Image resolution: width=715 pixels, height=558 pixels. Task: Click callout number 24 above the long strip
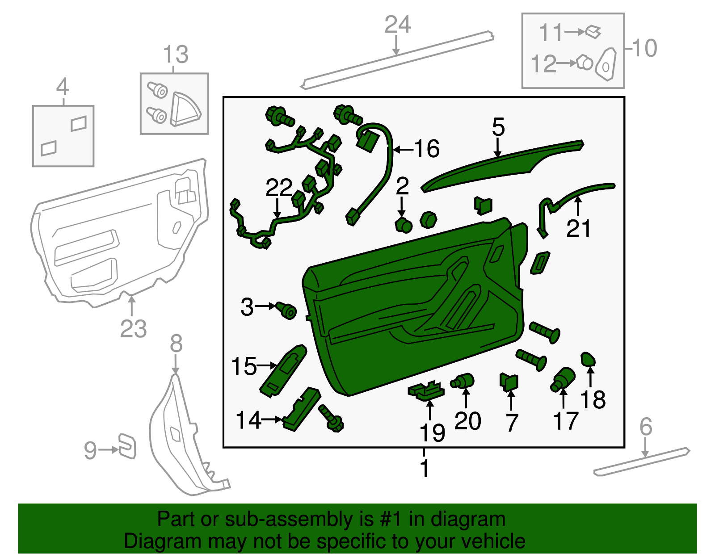[397, 25]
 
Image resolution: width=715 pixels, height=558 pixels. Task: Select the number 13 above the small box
[176, 55]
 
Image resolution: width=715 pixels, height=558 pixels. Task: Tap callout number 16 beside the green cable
[427, 149]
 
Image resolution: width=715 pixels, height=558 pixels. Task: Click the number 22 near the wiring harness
[279, 188]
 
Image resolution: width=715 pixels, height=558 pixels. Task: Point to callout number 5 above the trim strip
[498, 127]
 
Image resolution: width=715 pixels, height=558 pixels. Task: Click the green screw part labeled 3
[286, 310]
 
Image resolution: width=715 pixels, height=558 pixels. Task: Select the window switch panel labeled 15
[283, 370]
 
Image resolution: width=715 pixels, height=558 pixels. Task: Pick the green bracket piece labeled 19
[426, 390]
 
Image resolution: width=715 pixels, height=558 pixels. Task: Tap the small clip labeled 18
[588, 359]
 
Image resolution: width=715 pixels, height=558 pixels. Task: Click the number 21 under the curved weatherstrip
[578, 229]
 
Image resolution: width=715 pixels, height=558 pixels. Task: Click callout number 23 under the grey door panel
[133, 329]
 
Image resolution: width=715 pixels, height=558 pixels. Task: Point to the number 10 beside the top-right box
[644, 48]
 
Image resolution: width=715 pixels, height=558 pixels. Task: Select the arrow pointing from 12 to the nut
[567, 63]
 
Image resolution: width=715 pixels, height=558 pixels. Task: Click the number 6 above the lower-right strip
[646, 427]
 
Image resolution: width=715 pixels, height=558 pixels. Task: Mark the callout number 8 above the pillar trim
[176, 344]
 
